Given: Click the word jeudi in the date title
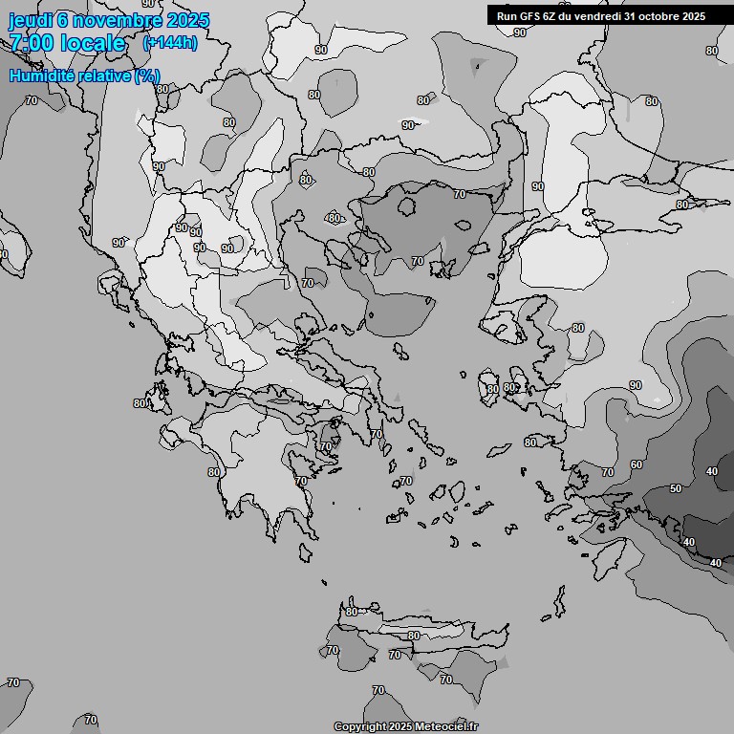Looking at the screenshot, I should tap(29, 20).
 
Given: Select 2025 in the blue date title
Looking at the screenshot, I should tap(187, 20).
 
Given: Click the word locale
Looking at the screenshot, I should tap(93, 43).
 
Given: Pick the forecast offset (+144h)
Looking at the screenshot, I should tap(169, 43).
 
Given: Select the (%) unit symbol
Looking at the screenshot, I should tap(147, 76).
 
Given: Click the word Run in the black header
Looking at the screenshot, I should tap(507, 15).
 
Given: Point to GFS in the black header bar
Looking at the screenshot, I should tap(531, 15).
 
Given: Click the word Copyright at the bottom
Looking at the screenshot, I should tap(359, 727).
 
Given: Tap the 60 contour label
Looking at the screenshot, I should tap(637, 464).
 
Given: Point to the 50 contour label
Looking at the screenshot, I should tap(676, 488).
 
